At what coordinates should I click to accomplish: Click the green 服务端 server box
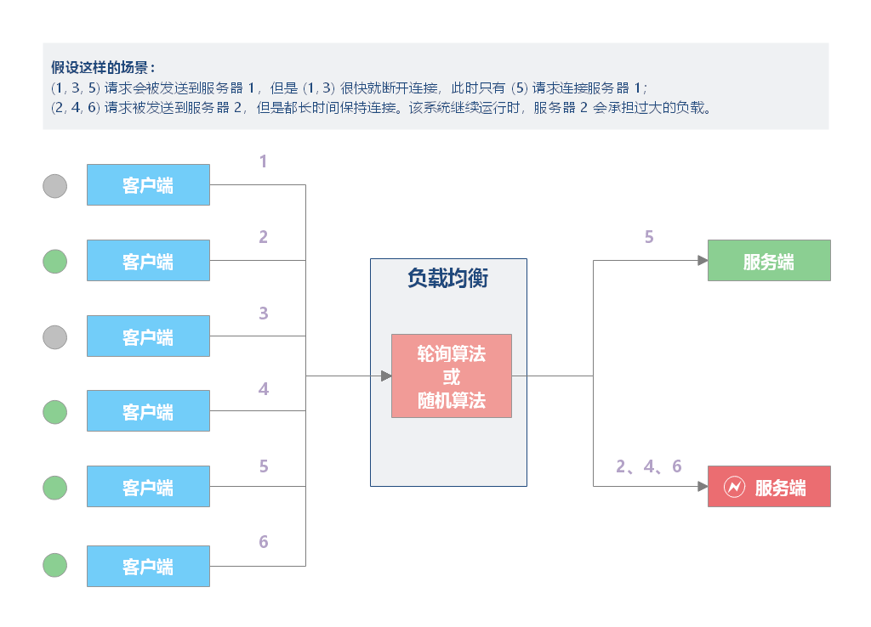[769, 261]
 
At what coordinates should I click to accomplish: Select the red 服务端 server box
[769, 487]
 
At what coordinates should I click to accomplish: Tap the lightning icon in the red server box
[733, 487]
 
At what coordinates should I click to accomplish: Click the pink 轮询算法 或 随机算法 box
[451, 376]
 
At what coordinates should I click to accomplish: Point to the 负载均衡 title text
[447, 279]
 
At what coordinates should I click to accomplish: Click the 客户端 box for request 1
[148, 185]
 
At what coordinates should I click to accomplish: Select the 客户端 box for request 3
[148, 336]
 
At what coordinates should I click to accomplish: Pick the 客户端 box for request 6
[148, 566]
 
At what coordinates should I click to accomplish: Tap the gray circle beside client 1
[55, 186]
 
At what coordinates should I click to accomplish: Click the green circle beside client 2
[55, 262]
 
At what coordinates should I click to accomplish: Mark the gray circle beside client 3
[55, 337]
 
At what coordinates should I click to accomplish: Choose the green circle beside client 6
[55, 565]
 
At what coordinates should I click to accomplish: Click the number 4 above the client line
[264, 389]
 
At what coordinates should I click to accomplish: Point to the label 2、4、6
[649, 466]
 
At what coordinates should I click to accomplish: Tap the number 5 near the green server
[649, 237]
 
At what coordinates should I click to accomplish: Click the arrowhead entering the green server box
[703, 261]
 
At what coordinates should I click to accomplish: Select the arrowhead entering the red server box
[703, 487]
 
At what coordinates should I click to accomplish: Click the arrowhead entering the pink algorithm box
[386, 376]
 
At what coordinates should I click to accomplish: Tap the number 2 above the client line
[264, 237]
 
